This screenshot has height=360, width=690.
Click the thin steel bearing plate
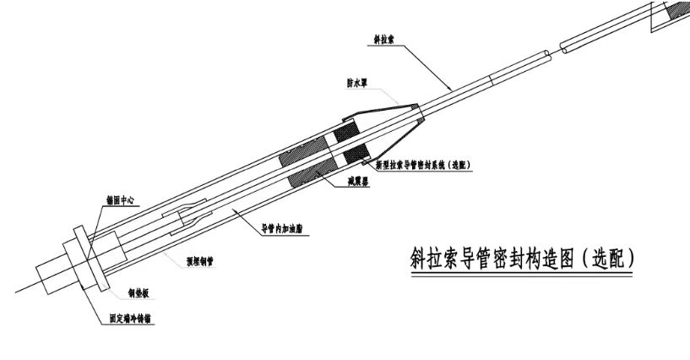pyautogui.click(x=87, y=258)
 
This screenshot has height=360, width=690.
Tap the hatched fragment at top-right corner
pyautogui.click(x=676, y=10)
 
